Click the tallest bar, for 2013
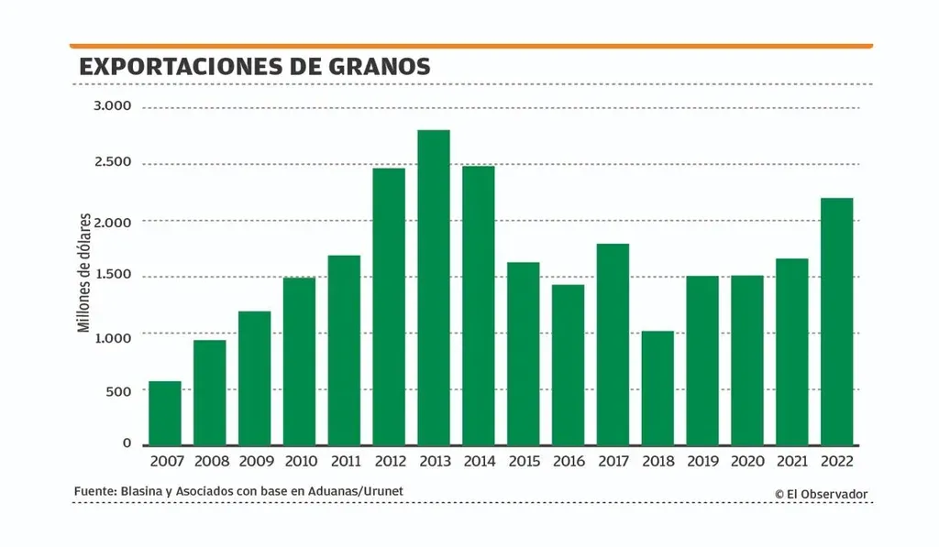click(434, 288)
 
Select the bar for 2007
click(165, 413)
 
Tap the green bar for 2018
click(657, 388)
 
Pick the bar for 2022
click(836, 322)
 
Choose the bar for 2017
click(613, 345)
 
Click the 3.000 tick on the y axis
click(113, 106)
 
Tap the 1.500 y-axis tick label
click(113, 276)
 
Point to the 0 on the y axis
click(127, 443)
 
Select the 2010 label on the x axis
click(300, 460)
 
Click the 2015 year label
click(524, 460)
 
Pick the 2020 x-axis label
click(747, 460)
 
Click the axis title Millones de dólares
click(83, 273)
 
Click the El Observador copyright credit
click(821, 494)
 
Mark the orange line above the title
click(470, 45)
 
